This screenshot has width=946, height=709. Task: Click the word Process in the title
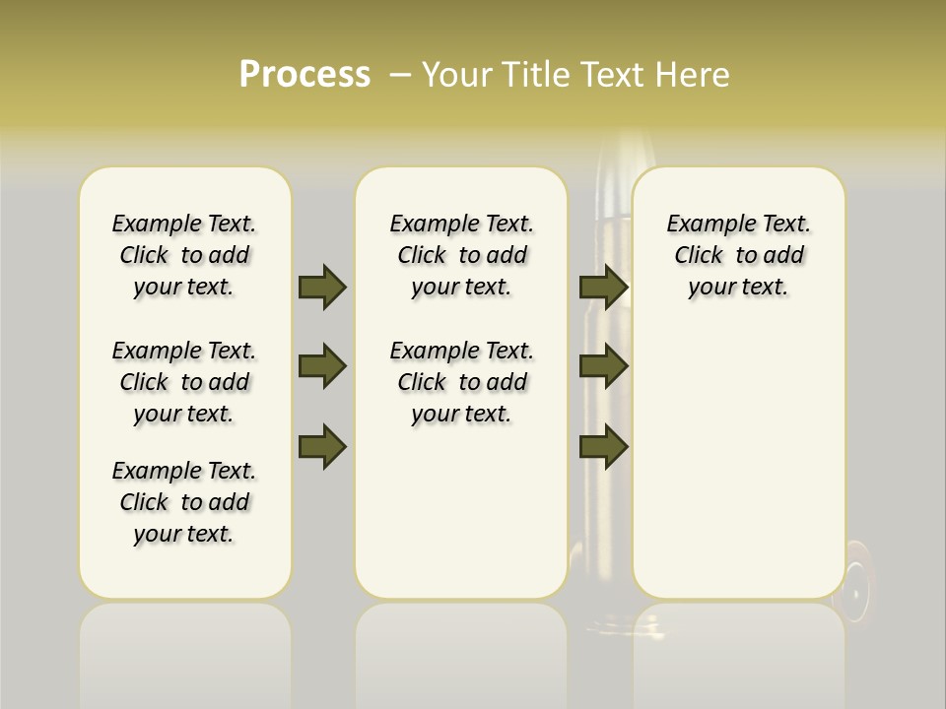304,75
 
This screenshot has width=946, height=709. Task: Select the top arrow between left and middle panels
322,287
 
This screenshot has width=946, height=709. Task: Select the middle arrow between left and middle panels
322,366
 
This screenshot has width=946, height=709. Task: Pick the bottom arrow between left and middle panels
322,445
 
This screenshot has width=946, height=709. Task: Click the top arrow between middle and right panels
604,287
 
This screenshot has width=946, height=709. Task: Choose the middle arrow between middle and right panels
604,366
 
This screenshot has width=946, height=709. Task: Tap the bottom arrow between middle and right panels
604,445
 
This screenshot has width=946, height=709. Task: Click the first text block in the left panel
184,255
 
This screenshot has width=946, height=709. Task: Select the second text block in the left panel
184,382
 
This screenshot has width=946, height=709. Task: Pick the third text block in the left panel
184,502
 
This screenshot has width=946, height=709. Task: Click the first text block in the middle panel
461,255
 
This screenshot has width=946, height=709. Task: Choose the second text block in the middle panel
461,382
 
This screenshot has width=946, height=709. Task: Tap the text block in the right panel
738,255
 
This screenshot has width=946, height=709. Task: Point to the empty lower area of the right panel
738,463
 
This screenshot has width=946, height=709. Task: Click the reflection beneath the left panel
184,650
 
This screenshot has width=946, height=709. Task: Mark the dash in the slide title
400,75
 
